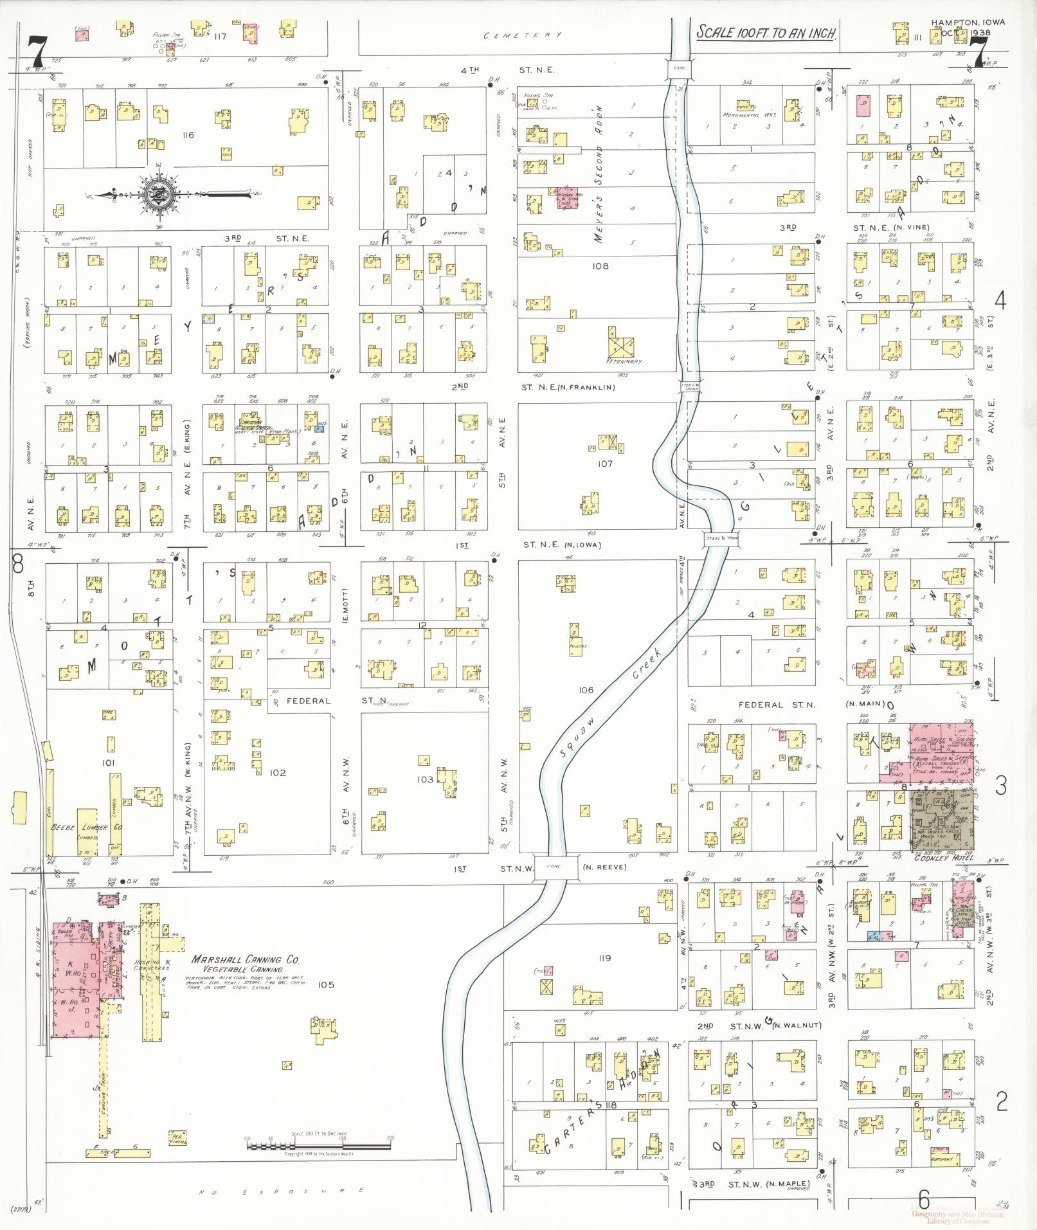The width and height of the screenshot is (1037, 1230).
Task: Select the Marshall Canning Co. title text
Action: [246, 960]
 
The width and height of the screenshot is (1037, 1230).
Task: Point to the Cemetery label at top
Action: [523, 35]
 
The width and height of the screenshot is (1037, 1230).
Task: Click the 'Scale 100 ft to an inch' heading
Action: [766, 33]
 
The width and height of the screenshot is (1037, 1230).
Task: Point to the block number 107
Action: [604, 464]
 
